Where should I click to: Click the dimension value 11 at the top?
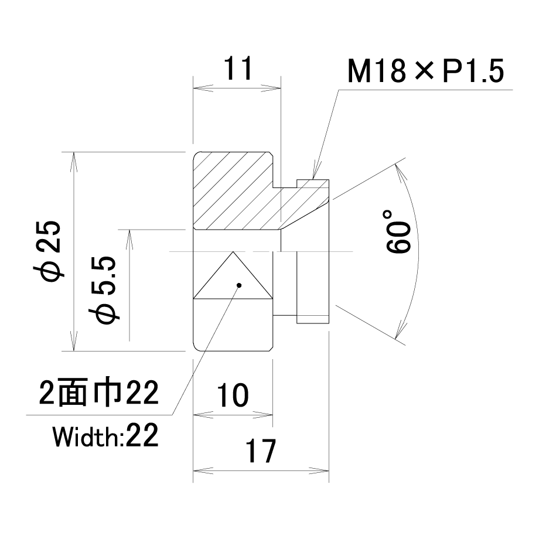tap(238, 68)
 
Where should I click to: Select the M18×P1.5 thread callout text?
tap(425, 71)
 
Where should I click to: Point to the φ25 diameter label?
tap(48, 251)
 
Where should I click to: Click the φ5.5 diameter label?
tap(104, 290)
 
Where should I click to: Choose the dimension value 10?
tap(233, 395)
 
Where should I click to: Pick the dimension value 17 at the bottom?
tap(260, 451)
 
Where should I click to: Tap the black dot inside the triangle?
tap(239, 285)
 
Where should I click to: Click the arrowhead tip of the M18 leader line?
tap(313, 179)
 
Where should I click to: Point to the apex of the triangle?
tap(233, 251)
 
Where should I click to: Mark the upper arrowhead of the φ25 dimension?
tap(74, 153)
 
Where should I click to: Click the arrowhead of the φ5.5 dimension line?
tap(129, 230)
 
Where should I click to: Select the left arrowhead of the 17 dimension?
tap(193, 470)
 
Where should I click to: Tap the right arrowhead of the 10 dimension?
tap(272, 415)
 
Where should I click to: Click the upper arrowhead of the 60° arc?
tap(395, 164)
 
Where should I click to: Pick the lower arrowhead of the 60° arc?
tap(396, 339)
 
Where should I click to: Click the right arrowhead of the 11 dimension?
tap(281, 88)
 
